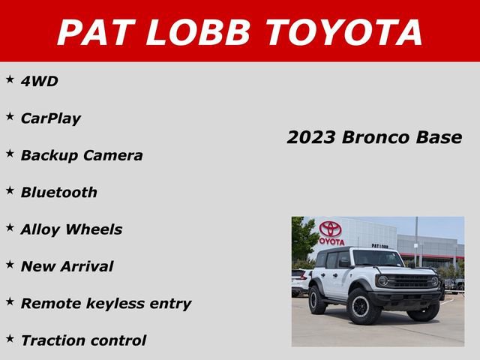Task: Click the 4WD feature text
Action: [x=39, y=81]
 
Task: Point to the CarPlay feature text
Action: [x=50, y=118]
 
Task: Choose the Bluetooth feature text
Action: [x=58, y=192]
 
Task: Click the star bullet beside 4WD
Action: [x=10, y=79]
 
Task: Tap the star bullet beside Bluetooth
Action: [x=10, y=190]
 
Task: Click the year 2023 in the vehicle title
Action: [x=311, y=138]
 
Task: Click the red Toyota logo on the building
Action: [x=330, y=229]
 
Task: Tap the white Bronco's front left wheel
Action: [x=364, y=307]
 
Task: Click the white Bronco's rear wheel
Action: [x=318, y=300]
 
